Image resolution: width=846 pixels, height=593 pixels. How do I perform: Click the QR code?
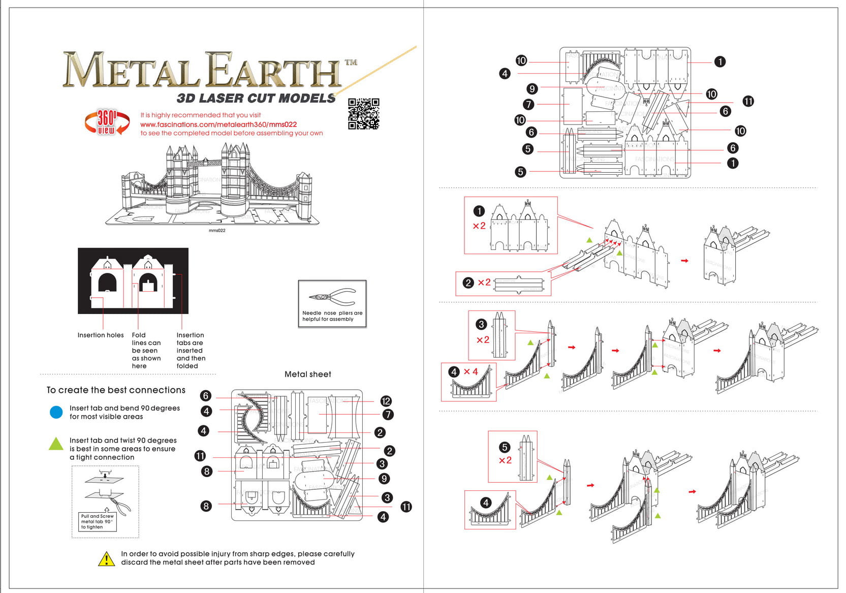pyautogui.click(x=363, y=114)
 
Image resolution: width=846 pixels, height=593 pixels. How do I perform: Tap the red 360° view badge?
pyautogui.click(x=106, y=122)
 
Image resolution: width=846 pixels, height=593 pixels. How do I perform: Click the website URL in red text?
pyautogui.click(x=218, y=124)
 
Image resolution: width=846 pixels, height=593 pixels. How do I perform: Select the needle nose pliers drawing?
pyautogui.click(x=332, y=296)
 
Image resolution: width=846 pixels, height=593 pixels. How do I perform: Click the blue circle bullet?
pyautogui.click(x=56, y=412)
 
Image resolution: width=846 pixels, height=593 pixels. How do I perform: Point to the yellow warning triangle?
pyautogui.click(x=106, y=559)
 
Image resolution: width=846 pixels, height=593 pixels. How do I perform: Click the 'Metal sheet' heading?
pyautogui.click(x=307, y=374)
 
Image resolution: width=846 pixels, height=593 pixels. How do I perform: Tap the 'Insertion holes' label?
pyautogui.click(x=101, y=335)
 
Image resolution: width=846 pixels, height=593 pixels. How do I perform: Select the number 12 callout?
pyautogui.click(x=386, y=401)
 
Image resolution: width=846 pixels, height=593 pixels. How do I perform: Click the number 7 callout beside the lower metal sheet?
pyautogui.click(x=388, y=415)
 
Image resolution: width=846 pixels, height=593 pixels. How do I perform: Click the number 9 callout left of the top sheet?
pyautogui.click(x=531, y=89)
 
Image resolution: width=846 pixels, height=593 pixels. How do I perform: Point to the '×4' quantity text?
pyautogui.click(x=471, y=372)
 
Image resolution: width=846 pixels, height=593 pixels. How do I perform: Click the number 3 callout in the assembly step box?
pyautogui.click(x=481, y=324)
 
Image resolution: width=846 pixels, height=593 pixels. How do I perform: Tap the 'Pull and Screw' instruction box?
pyautogui.click(x=98, y=522)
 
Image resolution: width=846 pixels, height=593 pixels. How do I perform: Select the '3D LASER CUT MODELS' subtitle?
pyautogui.click(x=256, y=98)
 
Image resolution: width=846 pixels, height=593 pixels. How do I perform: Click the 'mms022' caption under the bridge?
pyautogui.click(x=217, y=231)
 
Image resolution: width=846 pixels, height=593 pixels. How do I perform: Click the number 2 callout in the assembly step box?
pyautogui.click(x=468, y=283)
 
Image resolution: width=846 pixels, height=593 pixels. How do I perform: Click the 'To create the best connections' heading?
pyautogui.click(x=116, y=390)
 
